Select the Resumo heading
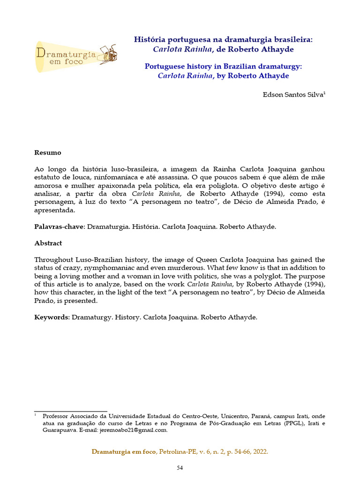point(47,153)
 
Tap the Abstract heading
point(48,243)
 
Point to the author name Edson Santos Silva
point(293,94)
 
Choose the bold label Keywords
point(52,317)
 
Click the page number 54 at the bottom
point(180,467)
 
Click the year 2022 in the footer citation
point(260,451)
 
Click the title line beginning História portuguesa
point(223,40)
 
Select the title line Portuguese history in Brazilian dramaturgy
point(223,67)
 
